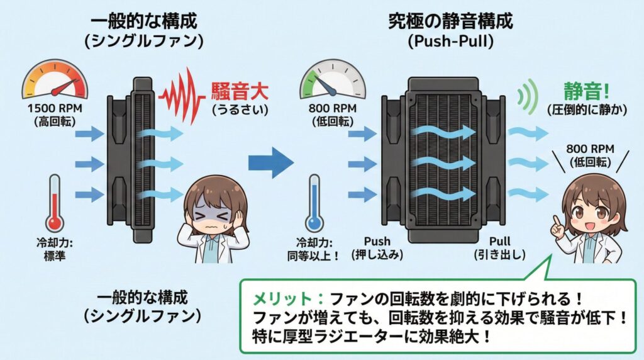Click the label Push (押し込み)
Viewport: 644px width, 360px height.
[x=380, y=247]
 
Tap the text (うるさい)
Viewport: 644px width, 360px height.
[x=239, y=110]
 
